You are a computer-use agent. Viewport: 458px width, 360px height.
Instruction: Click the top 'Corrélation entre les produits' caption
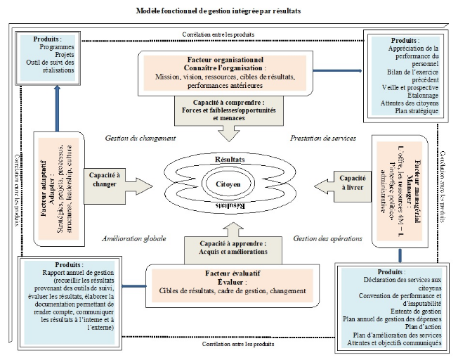click(x=218, y=34)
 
